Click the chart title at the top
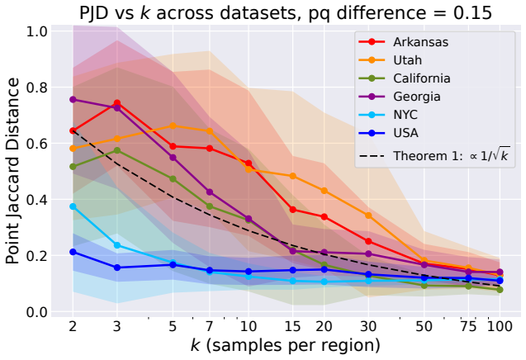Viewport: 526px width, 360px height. (286, 12)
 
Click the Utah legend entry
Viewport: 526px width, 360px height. (390, 60)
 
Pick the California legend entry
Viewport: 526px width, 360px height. (405, 78)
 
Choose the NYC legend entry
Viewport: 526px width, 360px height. (388, 115)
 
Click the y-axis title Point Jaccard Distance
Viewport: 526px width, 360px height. (12, 171)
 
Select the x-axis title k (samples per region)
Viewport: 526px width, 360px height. (286, 346)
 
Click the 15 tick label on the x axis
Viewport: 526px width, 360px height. (292, 326)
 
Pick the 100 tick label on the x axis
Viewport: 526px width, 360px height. (500, 326)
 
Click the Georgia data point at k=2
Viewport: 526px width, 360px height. (73, 100)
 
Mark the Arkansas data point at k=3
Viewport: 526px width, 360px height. (117, 103)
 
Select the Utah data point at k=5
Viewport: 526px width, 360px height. (173, 126)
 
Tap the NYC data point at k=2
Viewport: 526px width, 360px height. (73, 206)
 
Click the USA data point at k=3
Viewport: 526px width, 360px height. (117, 268)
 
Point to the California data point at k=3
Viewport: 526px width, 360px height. (117, 150)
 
